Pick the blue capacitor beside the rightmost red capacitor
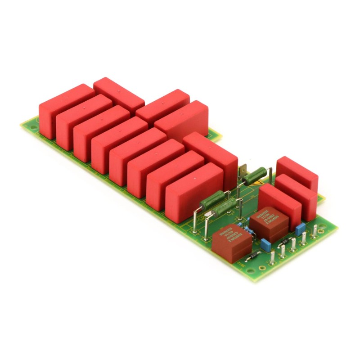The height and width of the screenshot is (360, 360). pyautogui.click(x=301, y=227)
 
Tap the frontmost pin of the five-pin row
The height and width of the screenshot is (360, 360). pyautogui.click(x=273, y=258)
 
